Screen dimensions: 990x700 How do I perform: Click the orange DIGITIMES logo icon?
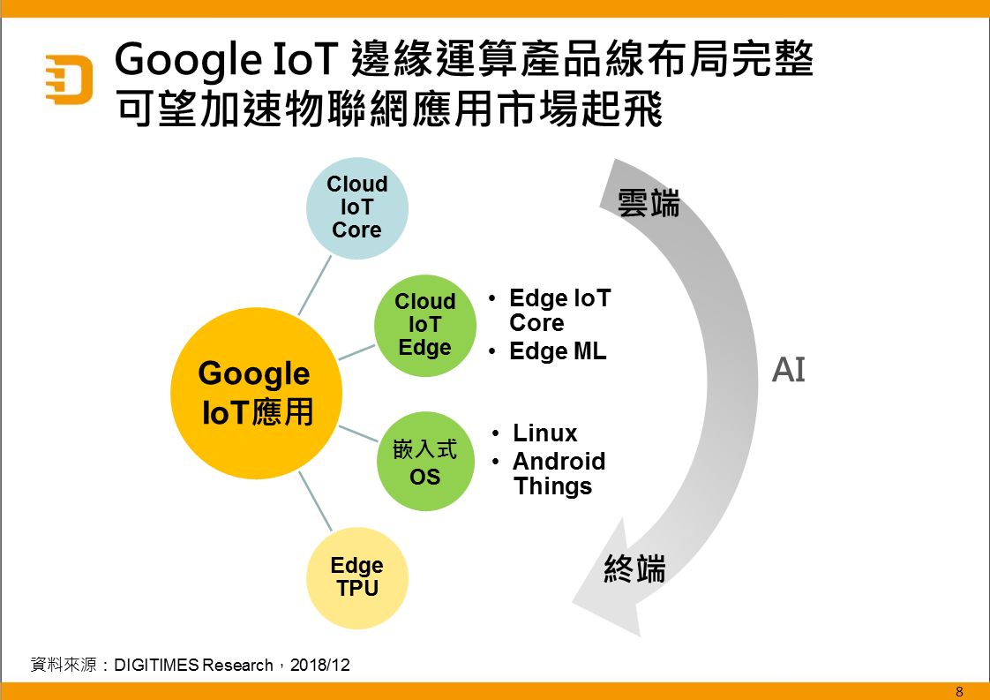pyautogui.click(x=70, y=79)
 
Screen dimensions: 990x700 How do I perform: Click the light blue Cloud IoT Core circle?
pyautogui.click(x=357, y=207)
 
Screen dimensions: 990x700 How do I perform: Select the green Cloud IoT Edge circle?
pyautogui.click(x=425, y=326)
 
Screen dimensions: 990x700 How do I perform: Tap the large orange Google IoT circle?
pyautogui.click(x=257, y=393)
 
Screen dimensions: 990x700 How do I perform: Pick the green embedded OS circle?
pyautogui.click(x=425, y=461)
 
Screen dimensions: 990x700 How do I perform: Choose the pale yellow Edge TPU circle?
pyautogui.click(x=357, y=578)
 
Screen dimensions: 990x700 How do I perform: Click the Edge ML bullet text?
pyautogui.click(x=558, y=351)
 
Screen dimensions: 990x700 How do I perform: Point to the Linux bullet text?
pyautogui.click(x=545, y=433)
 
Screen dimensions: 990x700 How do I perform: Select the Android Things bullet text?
pyautogui.click(x=559, y=474)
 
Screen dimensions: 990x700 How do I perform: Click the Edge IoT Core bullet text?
pyautogui.click(x=560, y=310)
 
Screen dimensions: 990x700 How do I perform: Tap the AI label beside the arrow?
pyautogui.click(x=789, y=370)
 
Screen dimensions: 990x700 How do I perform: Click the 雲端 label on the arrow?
pyautogui.click(x=649, y=203)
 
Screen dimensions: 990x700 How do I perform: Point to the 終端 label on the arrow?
pyautogui.click(x=635, y=568)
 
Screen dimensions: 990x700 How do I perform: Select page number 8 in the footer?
pyautogui.click(x=960, y=691)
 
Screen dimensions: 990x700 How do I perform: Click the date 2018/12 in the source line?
pyautogui.click(x=319, y=665)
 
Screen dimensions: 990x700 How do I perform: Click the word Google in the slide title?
pyautogui.click(x=188, y=60)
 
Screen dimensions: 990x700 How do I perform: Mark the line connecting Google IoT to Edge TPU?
pyautogui.click(x=315, y=501)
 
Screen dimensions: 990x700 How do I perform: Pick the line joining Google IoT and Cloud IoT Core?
pyautogui.click(x=314, y=285)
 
